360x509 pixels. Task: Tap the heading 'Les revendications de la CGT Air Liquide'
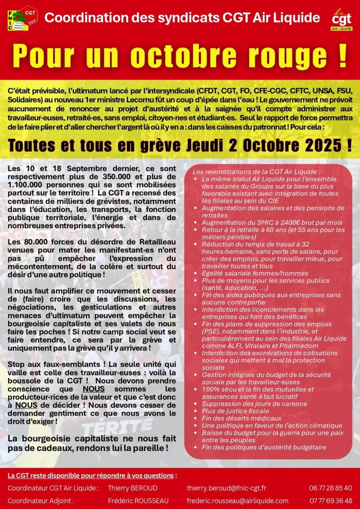click(x=256, y=172)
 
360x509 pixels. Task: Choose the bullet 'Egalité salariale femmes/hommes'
click(x=255, y=273)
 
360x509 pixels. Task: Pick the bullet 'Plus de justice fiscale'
click(x=235, y=411)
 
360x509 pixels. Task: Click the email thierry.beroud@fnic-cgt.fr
click(x=226, y=488)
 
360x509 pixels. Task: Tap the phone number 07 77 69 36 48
click(x=331, y=501)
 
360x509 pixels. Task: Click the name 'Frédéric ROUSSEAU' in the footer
click(x=138, y=501)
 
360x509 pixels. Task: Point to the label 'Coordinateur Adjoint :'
click(x=41, y=501)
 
